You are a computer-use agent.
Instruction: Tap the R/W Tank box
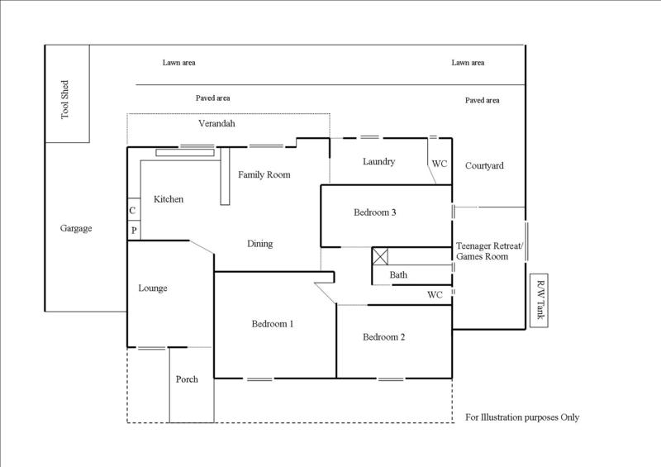pos(541,300)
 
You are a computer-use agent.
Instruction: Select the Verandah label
pos(217,123)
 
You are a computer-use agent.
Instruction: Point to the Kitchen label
pos(169,199)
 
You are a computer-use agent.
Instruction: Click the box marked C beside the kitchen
pos(132,211)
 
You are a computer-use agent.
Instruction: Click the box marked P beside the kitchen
pos(132,230)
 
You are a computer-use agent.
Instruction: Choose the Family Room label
pos(264,174)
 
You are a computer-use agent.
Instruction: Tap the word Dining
pos(259,244)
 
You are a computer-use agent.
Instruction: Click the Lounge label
pos(153,288)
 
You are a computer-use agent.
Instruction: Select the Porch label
pos(188,379)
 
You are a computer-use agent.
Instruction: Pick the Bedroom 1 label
pos(273,324)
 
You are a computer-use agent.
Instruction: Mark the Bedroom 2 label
pos(383,336)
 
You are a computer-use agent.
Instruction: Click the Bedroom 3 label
pos(375,212)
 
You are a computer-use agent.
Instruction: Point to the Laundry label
pos(378,161)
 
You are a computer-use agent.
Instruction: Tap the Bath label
pos(398,274)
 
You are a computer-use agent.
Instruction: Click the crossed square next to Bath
pos(381,255)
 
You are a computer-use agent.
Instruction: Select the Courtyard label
pos(484,165)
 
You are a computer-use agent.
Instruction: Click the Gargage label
pos(76,228)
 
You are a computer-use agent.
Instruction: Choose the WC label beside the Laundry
pos(440,164)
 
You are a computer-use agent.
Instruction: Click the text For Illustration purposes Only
pos(522,417)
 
